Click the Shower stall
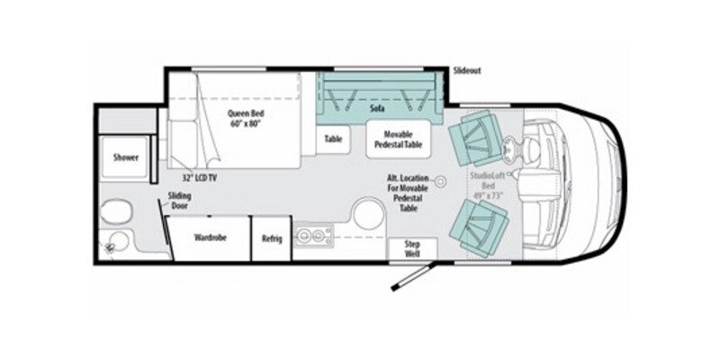pyautogui.click(x=125, y=157)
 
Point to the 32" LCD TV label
pyautogui.click(x=198, y=178)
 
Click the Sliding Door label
pyautogui.click(x=179, y=201)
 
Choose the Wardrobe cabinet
pyautogui.click(x=208, y=238)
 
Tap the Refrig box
pyautogui.click(x=272, y=238)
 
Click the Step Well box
pyautogui.click(x=412, y=249)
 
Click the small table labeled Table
pyautogui.click(x=334, y=139)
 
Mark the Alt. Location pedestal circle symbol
pyautogui.click(x=440, y=182)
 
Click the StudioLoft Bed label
pyautogui.click(x=490, y=184)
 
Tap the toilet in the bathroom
pyautogui.click(x=114, y=212)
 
